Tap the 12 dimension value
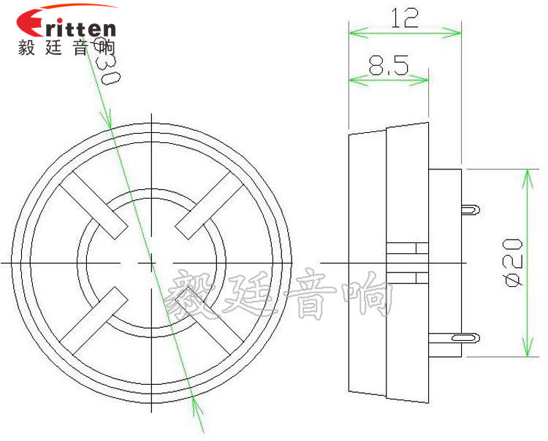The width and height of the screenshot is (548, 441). coord(404,18)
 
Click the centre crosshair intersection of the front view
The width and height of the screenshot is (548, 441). coord(151,261)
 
